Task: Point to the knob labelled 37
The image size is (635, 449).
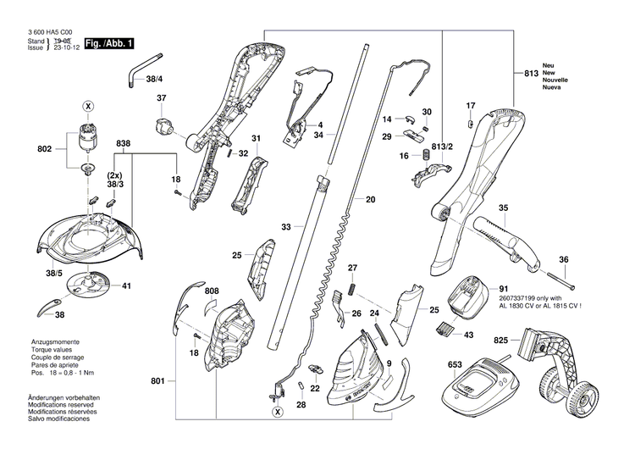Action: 163,129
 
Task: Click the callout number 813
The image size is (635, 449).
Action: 531,75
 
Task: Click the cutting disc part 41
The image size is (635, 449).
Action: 88,285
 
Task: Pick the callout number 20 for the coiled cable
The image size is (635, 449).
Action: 370,200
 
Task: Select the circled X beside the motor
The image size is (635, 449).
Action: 87,107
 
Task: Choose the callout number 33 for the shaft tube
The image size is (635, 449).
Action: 286,227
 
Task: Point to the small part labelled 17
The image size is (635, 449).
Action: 471,123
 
